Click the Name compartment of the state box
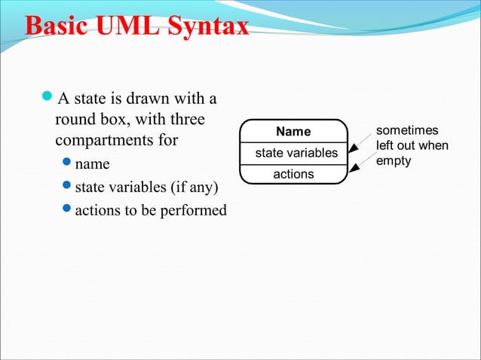293,132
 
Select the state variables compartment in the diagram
296,153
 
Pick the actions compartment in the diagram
293,175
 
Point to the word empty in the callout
394,160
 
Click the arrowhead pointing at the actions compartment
353,172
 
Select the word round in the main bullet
74,119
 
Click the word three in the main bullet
188,119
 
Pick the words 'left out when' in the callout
412,145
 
